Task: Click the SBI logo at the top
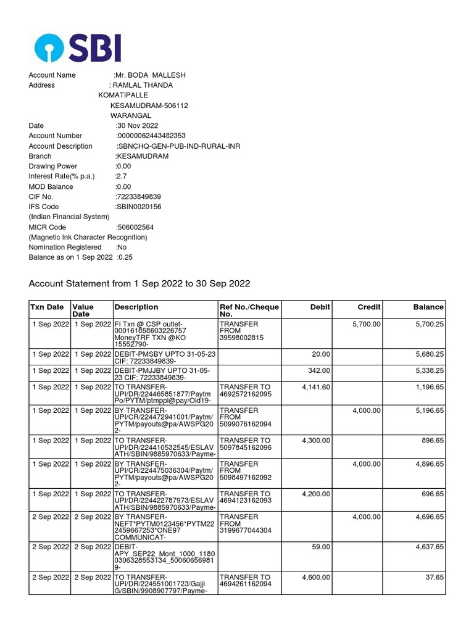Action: [78, 48]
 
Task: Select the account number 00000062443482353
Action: [151, 136]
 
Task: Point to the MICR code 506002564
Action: [135, 227]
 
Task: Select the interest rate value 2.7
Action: [120, 177]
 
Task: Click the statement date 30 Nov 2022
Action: [137, 126]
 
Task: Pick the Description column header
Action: [136, 307]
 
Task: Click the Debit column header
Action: [320, 307]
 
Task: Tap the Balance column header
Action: [428, 307]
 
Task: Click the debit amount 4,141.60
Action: [316, 388]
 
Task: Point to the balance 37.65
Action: [433, 578]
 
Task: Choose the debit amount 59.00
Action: [322, 547]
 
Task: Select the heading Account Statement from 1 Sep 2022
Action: [139, 283]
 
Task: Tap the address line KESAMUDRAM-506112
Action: [149, 106]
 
